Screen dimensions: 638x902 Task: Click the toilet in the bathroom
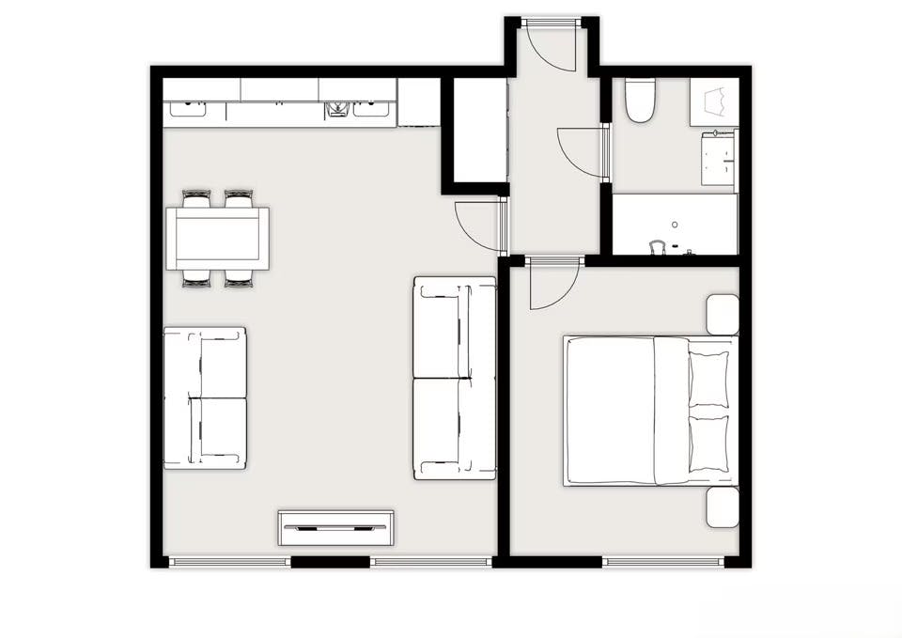pyautogui.click(x=640, y=101)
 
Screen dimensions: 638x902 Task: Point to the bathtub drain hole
pyautogui.click(x=675, y=226)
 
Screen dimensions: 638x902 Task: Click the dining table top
pyautogui.click(x=217, y=238)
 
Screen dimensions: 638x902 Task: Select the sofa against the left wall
pyautogui.click(x=205, y=397)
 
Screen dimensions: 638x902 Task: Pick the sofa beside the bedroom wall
pyautogui.click(x=454, y=378)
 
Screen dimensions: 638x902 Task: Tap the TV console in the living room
pyautogui.click(x=335, y=528)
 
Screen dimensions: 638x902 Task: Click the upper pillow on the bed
pyautogui.click(x=708, y=379)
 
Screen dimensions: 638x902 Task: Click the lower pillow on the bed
pyautogui.click(x=708, y=443)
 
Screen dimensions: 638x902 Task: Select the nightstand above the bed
pyautogui.click(x=723, y=314)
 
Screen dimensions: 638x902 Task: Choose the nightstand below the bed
pyautogui.click(x=723, y=507)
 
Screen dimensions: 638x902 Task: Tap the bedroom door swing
pyautogui.click(x=552, y=285)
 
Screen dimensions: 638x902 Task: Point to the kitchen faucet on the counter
pyautogui.click(x=336, y=110)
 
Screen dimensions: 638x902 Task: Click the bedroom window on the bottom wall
pyautogui.click(x=663, y=562)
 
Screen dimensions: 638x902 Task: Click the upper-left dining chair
pyautogui.click(x=196, y=198)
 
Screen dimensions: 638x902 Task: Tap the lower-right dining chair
pyautogui.click(x=239, y=277)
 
